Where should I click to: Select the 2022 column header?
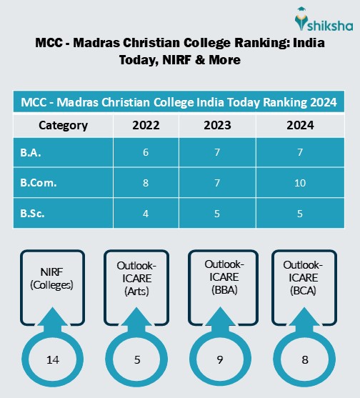pyautogui.click(x=146, y=125)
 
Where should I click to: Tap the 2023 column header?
pyautogui.click(x=216, y=125)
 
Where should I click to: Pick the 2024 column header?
pyautogui.click(x=299, y=125)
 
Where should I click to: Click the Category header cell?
pyautogui.click(x=63, y=125)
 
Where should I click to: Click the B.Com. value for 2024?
pyautogui.click(x=299, y=182)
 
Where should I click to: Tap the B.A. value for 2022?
pyautogui.click(x=146, y=153)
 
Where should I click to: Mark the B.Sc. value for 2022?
pyautogui.click(x=146, y=212)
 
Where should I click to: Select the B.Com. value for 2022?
pyautogui.click(x=146, y=182)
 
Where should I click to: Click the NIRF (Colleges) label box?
pyautogui.click(x=51, y=281)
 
